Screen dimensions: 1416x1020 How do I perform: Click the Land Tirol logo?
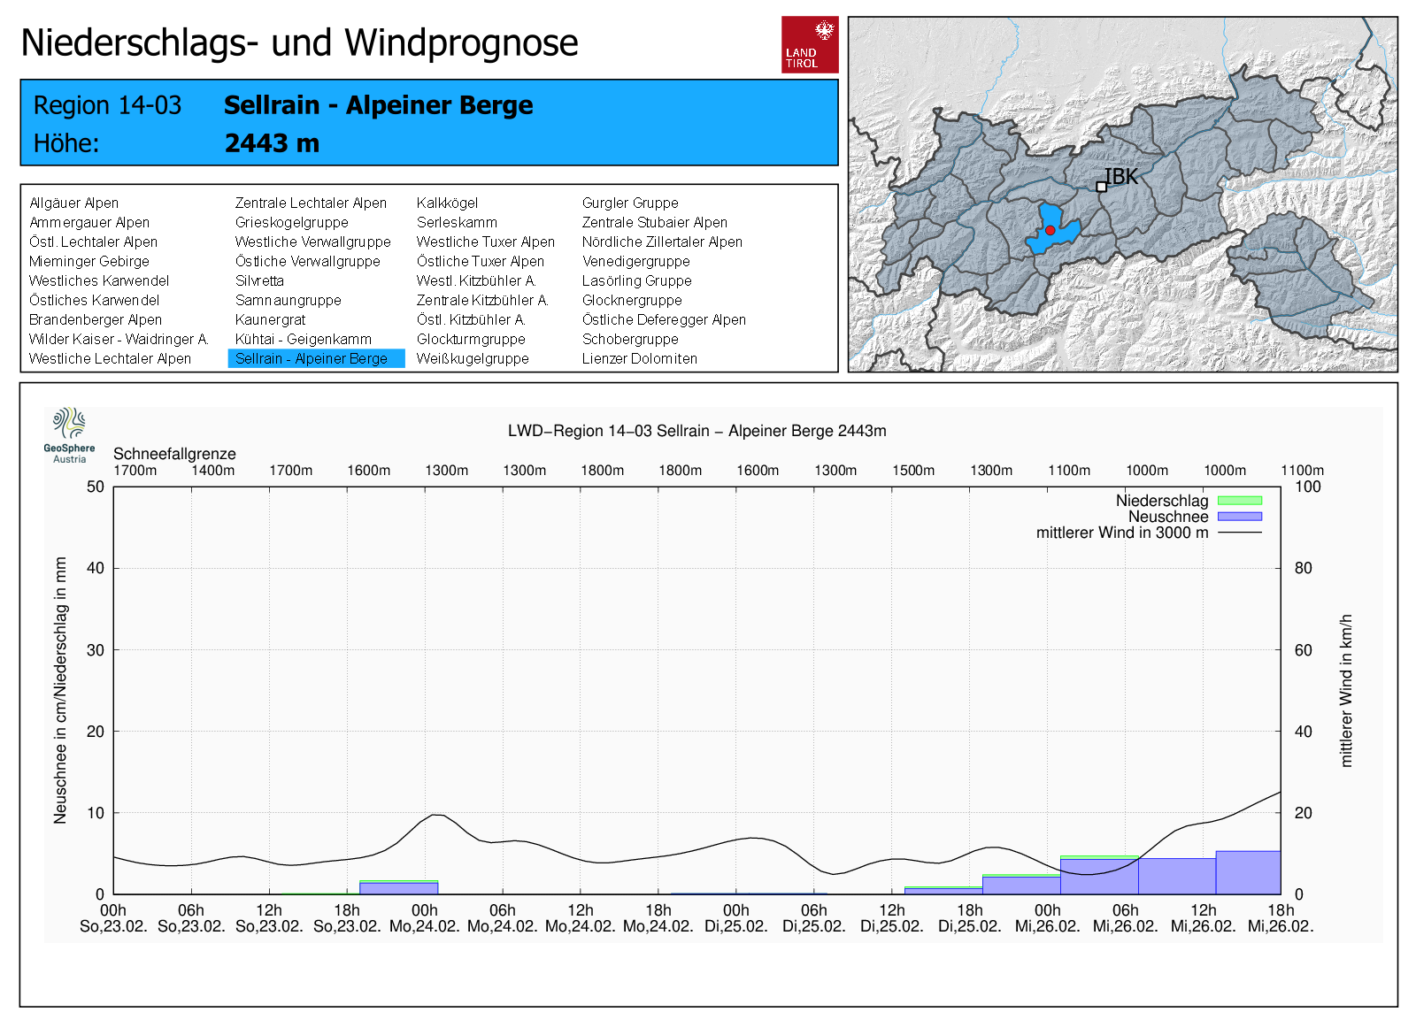pos(810,44)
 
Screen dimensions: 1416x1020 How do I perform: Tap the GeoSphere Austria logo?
pos(70,435)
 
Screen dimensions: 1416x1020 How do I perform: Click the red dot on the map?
pos(1050,230)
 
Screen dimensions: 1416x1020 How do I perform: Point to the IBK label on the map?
pos(1120,177)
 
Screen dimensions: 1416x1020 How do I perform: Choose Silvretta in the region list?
pos(259,280)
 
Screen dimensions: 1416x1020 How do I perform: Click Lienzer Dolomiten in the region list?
pos(639,358)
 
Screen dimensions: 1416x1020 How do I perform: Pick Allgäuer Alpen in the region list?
pos(74,203)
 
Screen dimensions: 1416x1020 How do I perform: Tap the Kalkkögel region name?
pos(447,203)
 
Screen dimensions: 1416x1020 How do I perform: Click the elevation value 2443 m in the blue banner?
pos(272,143)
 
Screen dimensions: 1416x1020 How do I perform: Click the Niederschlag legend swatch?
pos(1240,501)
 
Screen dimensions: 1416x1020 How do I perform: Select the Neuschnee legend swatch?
pos(1240,517)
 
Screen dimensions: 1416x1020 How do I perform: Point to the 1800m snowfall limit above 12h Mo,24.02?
pos(603,470)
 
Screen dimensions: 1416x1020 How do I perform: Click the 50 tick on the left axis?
pos(96,487)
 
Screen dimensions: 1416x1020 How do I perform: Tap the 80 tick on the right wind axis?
pos(1303,568)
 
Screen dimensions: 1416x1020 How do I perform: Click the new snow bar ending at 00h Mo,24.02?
pos(399,888)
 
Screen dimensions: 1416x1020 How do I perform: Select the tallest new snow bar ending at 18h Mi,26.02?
pos(1249,873)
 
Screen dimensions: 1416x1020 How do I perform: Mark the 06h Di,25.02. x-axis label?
pos(814,918)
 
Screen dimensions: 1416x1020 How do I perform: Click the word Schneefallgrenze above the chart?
pos(174,454)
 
